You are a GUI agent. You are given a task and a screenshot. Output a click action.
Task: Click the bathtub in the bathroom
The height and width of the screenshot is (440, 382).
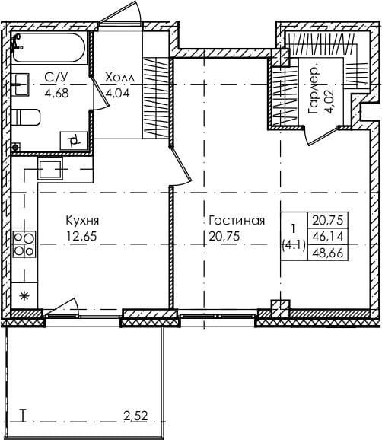click(48, 47)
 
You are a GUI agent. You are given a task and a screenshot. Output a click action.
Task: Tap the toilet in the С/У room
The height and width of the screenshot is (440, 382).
click(26, 117)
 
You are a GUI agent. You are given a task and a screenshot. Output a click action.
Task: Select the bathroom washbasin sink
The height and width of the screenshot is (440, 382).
click(21, 84)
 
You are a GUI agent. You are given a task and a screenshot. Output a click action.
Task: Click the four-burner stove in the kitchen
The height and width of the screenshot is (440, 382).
click(24, 244)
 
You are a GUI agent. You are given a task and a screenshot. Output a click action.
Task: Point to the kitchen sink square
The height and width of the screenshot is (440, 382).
click(50, 170)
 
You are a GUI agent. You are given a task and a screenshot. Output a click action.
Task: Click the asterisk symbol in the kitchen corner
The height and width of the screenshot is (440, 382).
click(24, 296)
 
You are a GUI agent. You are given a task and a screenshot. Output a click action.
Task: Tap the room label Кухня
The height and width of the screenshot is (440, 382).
click(82, 221)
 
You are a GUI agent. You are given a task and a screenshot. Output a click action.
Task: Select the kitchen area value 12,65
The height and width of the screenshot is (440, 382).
click(81, 236)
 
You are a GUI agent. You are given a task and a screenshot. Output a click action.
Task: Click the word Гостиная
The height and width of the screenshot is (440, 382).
click(237, 221)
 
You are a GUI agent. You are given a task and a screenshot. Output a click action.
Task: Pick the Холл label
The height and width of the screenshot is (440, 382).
click(119, 78)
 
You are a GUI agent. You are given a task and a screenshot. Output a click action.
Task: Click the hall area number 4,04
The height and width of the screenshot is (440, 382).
click(117, 93)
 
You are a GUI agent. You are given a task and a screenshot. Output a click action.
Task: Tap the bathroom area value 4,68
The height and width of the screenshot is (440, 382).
click(56, 93)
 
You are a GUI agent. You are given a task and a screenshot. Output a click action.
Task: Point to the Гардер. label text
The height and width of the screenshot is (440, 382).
click(313, 91)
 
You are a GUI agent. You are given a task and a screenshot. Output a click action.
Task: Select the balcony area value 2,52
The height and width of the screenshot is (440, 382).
click(135, 416)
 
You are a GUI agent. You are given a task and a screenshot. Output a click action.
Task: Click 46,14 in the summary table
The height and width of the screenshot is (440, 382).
click(328, 237)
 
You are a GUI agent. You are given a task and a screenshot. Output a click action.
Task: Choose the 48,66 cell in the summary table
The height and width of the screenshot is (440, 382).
click(328, 253)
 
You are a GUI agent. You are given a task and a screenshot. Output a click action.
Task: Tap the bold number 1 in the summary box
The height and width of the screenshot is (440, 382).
click(294, 228)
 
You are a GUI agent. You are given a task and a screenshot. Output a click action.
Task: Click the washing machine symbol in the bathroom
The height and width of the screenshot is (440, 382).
click(74, 141)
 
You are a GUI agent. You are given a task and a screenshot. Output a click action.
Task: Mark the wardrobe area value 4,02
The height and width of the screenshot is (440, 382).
click(329, 101)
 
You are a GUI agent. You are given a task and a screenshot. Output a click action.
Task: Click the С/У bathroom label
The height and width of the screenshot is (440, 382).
click(56, 78)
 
